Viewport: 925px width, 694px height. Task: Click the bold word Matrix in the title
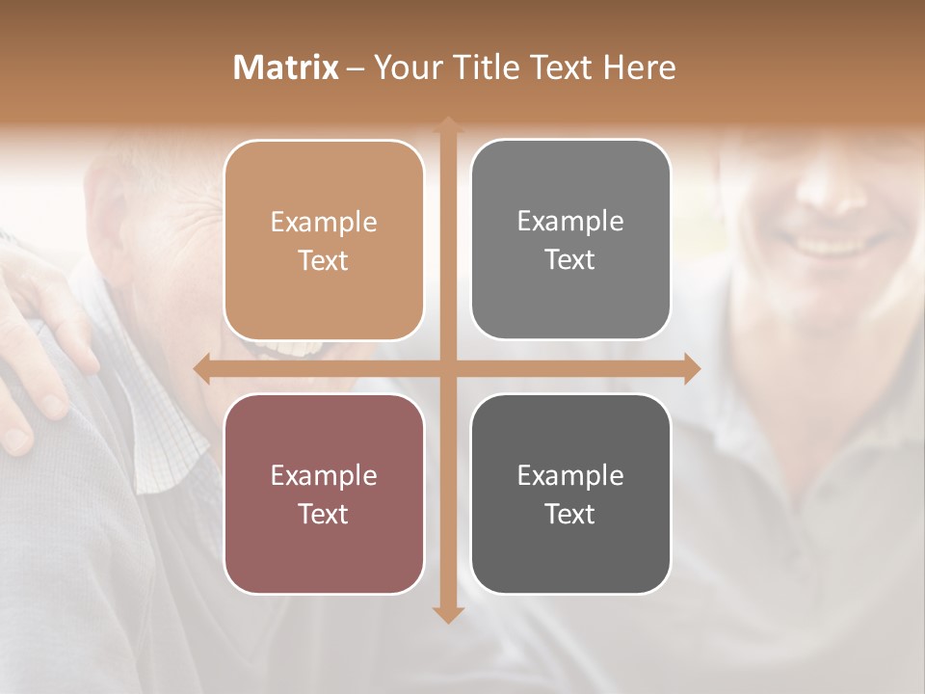tap(286, 67)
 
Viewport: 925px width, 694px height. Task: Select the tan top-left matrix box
tap(324, 241)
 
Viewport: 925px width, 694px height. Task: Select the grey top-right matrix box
tap(570, 240)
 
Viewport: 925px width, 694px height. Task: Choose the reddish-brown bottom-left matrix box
tap(324, 494)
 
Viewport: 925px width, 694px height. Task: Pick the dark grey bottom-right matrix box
tap(570, 494)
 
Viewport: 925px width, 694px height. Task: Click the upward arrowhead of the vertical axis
tap(447, 124)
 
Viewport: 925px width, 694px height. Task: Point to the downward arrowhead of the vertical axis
tap(447, 613)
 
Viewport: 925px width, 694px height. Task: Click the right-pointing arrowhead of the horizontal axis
tap(692, 369)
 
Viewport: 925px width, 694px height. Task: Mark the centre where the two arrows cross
tap(447, 369)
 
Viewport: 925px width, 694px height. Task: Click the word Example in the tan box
tap(324, 223)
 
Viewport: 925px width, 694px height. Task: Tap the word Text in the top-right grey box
tap(570, 260)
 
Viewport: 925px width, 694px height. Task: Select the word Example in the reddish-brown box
tap(324, 476)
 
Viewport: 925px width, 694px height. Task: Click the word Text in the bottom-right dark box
tap(570, 514)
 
